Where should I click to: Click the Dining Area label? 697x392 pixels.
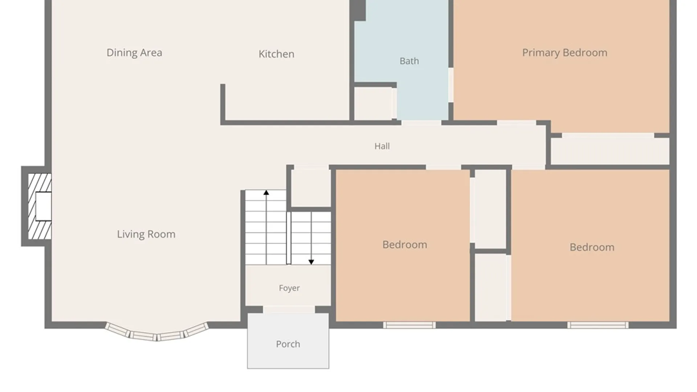point(134,53)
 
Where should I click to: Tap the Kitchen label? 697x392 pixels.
point(276,54)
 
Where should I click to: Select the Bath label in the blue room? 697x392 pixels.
point(409,61)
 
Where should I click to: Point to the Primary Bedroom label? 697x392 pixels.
point(564,53)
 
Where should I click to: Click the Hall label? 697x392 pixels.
point(382,146)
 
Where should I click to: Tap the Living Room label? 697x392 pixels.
point(146,234)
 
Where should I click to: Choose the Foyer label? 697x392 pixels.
point(289,288)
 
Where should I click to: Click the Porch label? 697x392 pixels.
point(288,344)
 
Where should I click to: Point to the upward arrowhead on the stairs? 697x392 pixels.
point(266,192)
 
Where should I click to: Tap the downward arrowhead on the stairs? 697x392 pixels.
point(311,262)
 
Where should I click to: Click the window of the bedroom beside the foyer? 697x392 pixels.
point(409,325)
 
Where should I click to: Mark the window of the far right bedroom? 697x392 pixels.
point(598,325)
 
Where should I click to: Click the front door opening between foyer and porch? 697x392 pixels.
point(289,310)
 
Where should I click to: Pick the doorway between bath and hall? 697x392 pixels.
point(421,123)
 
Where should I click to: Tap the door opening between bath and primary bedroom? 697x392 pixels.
point(451,85)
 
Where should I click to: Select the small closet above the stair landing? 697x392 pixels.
point(311,188)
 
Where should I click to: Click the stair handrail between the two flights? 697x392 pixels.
point(289,238)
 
